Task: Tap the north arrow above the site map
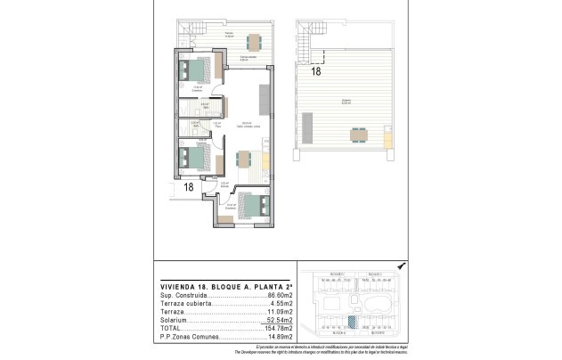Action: pyautogui.click(x=401, y=266)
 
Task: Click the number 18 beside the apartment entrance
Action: pyautogui.click(x=188, y=187)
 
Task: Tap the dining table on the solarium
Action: pyautogui.click(x=359, y=135)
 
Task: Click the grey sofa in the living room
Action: pyautogui.click(x=265, y=95)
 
